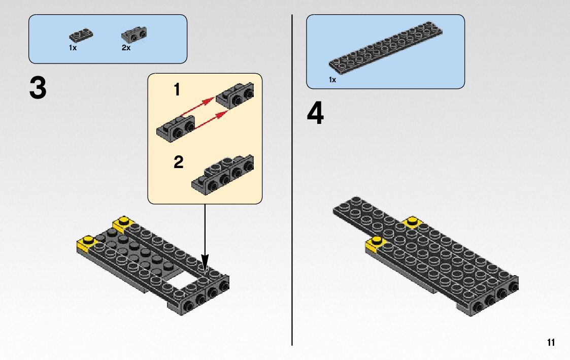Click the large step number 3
pyautogui.click(x=38, y=88)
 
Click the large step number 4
pyautogui.click(x=315, y=113)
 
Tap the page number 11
pyautogui.click(x=551, y=343)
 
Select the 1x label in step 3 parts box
pyautogui.click(x=73, y=48)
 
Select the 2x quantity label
pyautogui.click(x=126, y=48)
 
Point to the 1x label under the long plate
pyautogui.click(x=332, y=80)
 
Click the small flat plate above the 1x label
pyautogui.click(x=81, y=36)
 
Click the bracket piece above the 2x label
pyautogui.click(x=134, y=35)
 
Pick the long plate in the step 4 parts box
pyautogui.click(x=386, y=46)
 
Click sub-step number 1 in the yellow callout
pyautogui.click(x=177, y=89)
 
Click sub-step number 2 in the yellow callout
pyautogui.click(x=178, y=162)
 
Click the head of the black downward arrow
pyautogui.click(x=205, y=264)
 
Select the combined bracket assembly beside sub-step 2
pyautogui.click(x=222, y=175)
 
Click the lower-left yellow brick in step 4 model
pyautogui.click(x=376, y=244)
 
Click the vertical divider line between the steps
pyautogui.click(x=292, y=180)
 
